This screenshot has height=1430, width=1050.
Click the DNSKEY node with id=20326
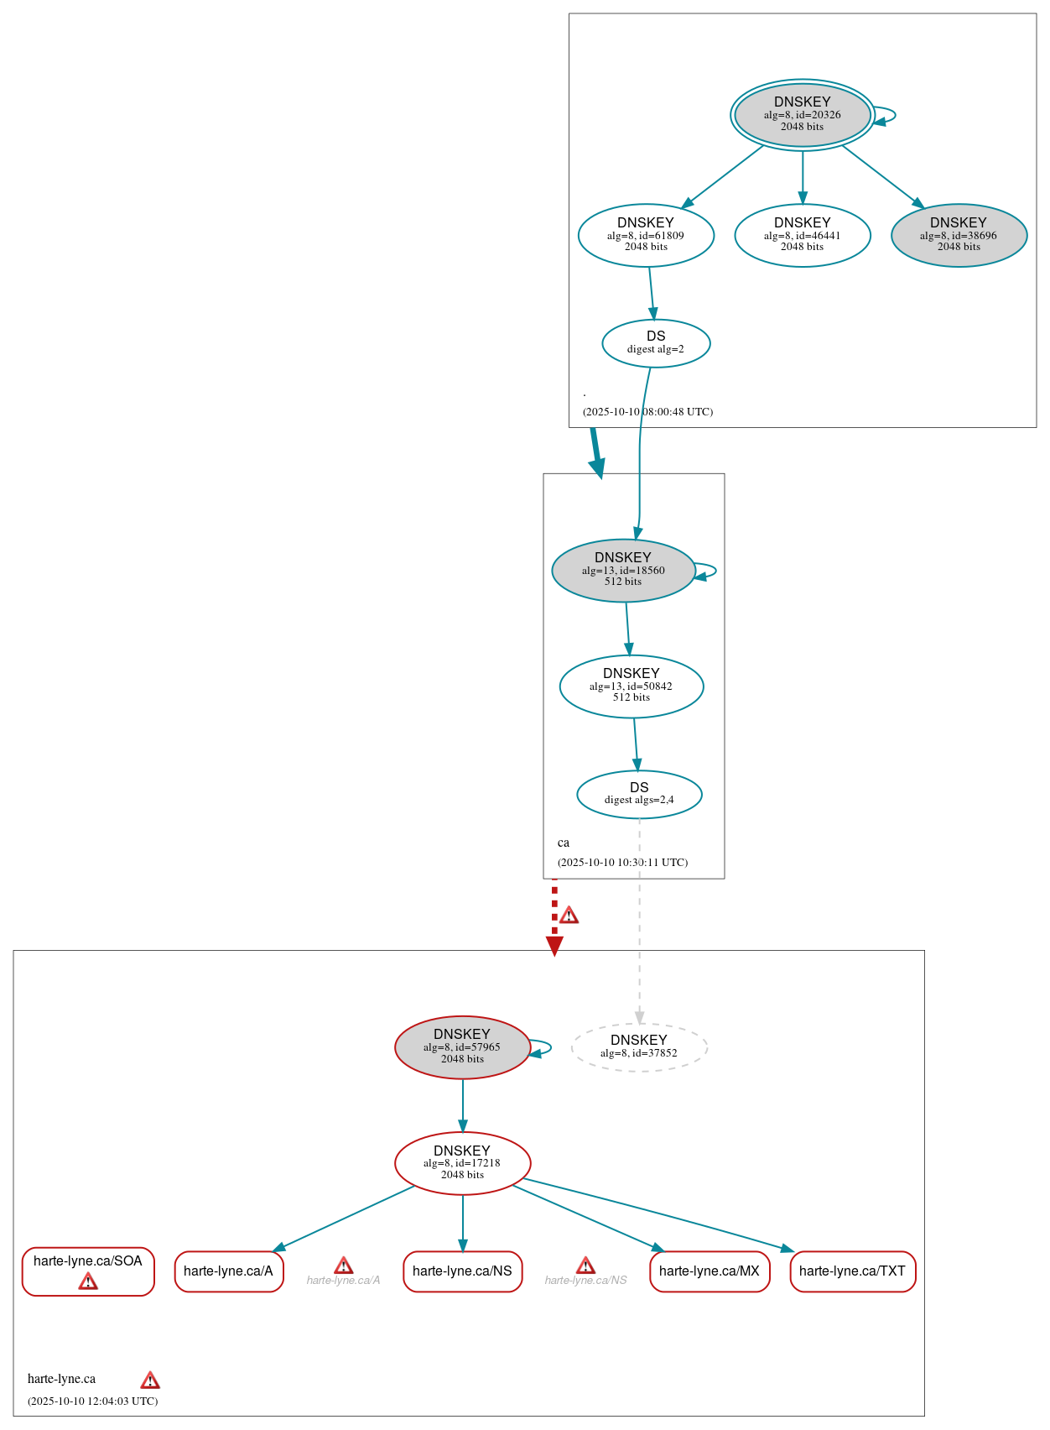click(802, 115)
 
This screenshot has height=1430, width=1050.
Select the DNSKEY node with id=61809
click(646, 236)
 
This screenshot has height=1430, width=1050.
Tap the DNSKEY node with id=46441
click(802, 236)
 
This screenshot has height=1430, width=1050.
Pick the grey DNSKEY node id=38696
click(959, 236)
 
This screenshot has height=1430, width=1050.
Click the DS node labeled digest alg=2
click(656, 343)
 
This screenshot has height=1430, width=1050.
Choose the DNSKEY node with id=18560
click(623, 571)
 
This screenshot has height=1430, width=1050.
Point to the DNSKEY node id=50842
click(632, 686)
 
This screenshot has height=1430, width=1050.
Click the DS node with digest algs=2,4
click(639, 794)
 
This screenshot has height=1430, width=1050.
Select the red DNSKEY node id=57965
click(462, 1047)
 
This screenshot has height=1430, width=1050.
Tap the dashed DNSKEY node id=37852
click(639, 1047)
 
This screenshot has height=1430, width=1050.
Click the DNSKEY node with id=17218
click(462, 1163)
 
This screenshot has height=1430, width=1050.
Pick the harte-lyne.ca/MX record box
click(710, 1271)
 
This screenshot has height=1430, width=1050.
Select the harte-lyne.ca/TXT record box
click(852, 1271)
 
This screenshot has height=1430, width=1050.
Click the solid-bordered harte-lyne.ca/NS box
click(462, 1271)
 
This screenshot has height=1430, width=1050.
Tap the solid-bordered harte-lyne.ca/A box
click(228, 1271)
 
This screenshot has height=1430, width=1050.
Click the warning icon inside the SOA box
click(88, 1281)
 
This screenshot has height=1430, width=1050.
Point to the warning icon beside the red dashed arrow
click(569, 915)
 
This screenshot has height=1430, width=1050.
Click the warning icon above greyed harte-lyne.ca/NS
click(585, 1266)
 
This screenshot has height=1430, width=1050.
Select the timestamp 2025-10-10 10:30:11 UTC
click(622, 863)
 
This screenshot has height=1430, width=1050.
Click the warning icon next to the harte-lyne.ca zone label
click(150, 1380)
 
